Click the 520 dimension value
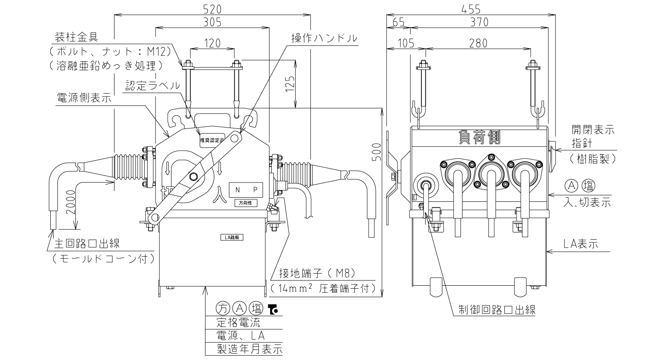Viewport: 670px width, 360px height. pyautogui.click(x=213, y=9)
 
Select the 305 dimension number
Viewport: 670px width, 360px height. pyautogui.click(x=213, y=22)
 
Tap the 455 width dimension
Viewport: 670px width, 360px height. pyautogui.click(x=471, y=9)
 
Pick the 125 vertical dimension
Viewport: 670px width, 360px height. pyautogui.click(x=290, y=83)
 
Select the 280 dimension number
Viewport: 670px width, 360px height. pyautogui.click(x=478, y=43)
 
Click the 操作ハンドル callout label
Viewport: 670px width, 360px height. pyautogui.click(x=325, y=38)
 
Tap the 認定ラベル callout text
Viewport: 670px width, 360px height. pyautogui.click(x=153, y=86)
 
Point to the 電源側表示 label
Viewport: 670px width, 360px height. pyautogui.click(x=84, y=98)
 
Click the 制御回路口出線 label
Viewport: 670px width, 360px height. pyautogui.click(x=497, y=309)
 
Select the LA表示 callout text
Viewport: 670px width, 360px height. pyautogui.click(x=581, y=244)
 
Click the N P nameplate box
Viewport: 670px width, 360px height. pyautogui.click(x=246, y=190)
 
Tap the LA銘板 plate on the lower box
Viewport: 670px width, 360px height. pyautogui.click(x=232, y=237)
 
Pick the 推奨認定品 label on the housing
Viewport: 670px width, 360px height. pyautogui.click(x=212, y=140)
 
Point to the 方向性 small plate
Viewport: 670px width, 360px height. pyautogui.click(x=246, y=203)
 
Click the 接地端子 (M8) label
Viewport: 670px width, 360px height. pyautogui.click(x=317, y=273)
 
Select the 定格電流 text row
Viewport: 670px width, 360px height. pyautogui.click(x=239, y=322)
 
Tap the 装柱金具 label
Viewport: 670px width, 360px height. pyautogui.click(x=77, y=37)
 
